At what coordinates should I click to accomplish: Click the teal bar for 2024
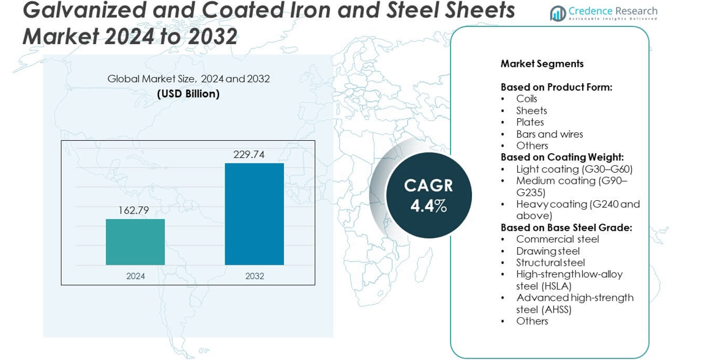pyautogui.click(x=135, y=242)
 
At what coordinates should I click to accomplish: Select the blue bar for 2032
pyautogui.click(x=254, y=214)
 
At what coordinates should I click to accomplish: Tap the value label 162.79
pyautogui.click(x=133, y=211)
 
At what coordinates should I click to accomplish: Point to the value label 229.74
pyautogui.click(x=249, y=155)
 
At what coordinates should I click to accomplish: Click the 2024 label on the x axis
pyautogui.click(x=135, y=276)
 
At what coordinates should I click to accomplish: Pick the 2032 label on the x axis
pyautogui.click(x=255, y=276)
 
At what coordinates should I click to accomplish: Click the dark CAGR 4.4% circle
pyautogui.click(x=429, y=195)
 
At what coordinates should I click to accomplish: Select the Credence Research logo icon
pyautogui.click(x=557, y=13)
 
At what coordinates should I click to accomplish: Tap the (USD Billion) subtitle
pyautogui.click(x=188, y=94)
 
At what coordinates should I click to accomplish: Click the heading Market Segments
pyautogui.click(x=542, y=64)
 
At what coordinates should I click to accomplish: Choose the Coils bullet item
pyautogui.click(x=526, y=99)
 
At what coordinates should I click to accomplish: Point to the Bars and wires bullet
pyautogui.click(x=549, y=134)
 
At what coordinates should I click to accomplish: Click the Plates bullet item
pyautogui.click(x=530, y=122)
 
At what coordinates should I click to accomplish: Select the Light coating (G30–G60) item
pyautogui.click(x=574, y=169)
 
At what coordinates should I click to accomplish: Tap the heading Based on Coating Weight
pyautogui.click(x=562, y=157)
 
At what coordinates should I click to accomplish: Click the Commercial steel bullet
pyautogui.click(x=557, y=239)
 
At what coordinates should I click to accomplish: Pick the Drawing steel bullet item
pyautogui.click(x=547, y=251)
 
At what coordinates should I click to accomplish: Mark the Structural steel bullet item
pyautogui.click(x=550, y=263)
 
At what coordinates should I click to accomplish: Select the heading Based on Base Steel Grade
pyautogui.click(x=566, y=228)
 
